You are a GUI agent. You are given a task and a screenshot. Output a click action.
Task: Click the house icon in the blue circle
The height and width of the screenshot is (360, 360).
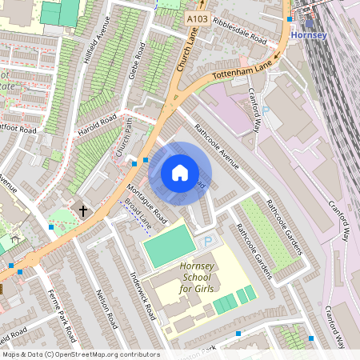[180, 172]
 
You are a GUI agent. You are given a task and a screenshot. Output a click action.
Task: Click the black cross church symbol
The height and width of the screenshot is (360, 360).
[82, 210]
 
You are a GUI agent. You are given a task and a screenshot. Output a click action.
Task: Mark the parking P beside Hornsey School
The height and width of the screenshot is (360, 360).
[208, 241]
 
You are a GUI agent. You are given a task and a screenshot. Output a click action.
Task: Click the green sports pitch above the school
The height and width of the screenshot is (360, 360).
[168, 246]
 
